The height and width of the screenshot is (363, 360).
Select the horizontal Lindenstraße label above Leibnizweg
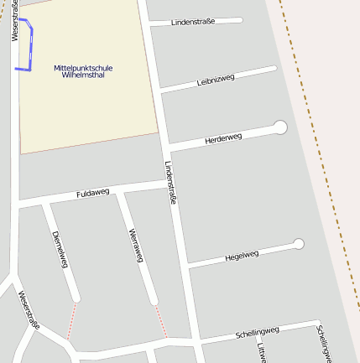[193, 21]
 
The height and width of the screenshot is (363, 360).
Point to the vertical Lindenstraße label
[171, 182]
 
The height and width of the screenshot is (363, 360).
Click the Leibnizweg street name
[215, 80]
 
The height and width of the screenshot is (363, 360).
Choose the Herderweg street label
[222, 139]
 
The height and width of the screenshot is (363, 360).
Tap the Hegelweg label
[243, 255]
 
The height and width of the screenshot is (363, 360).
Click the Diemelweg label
[59, 249]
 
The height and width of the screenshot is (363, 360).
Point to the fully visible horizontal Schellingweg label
[257, 331]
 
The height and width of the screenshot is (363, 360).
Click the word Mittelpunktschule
[83, 67]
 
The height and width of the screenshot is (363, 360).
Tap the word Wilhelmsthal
[82, 75]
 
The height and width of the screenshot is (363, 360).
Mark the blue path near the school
[32, 46]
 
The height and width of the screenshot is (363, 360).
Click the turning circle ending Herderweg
[280, 127]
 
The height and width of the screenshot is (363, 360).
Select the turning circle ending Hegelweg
[298, 244]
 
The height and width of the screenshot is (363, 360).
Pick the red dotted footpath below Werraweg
[160, 321]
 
